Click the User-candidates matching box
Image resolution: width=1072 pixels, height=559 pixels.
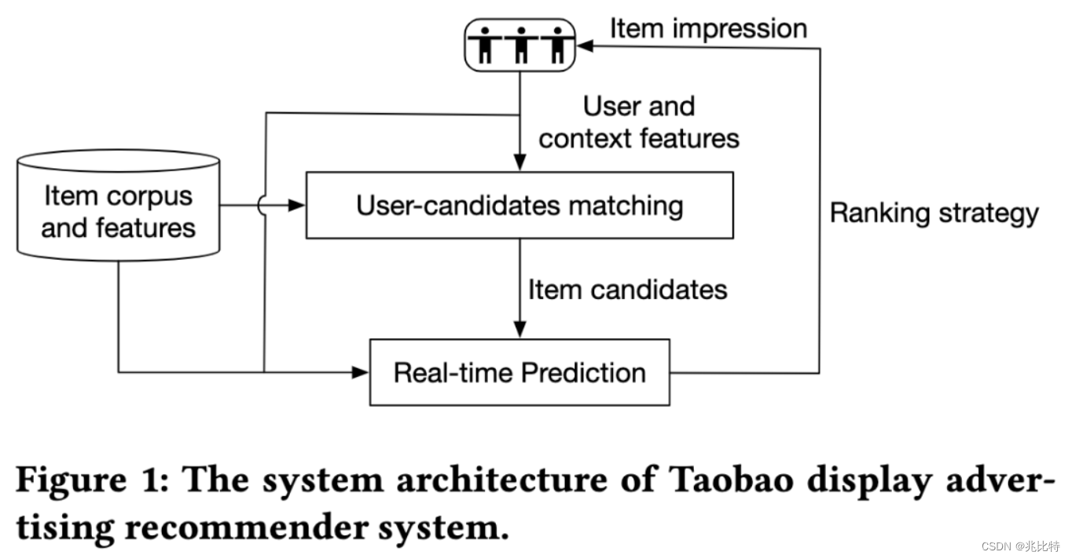pyautogui.click(x=519, y=206)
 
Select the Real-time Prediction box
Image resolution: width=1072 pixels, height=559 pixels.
pyautogui.click(x=519, y=372)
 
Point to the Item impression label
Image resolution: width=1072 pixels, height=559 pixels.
pyautogui.click(x=708, y=29)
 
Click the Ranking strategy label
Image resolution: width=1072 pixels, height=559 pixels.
pyautogui.click(x=934, y=213)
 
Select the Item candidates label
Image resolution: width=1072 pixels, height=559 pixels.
pyautogui.click(x=627, y=290)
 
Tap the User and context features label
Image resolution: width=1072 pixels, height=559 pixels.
pyautogui.click(x=638, y=122)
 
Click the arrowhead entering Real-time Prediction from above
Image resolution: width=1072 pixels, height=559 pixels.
pyautogui.click(x=519, y=331)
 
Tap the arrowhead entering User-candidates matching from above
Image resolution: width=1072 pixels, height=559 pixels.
pyautogui.click(x=519, y=165)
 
